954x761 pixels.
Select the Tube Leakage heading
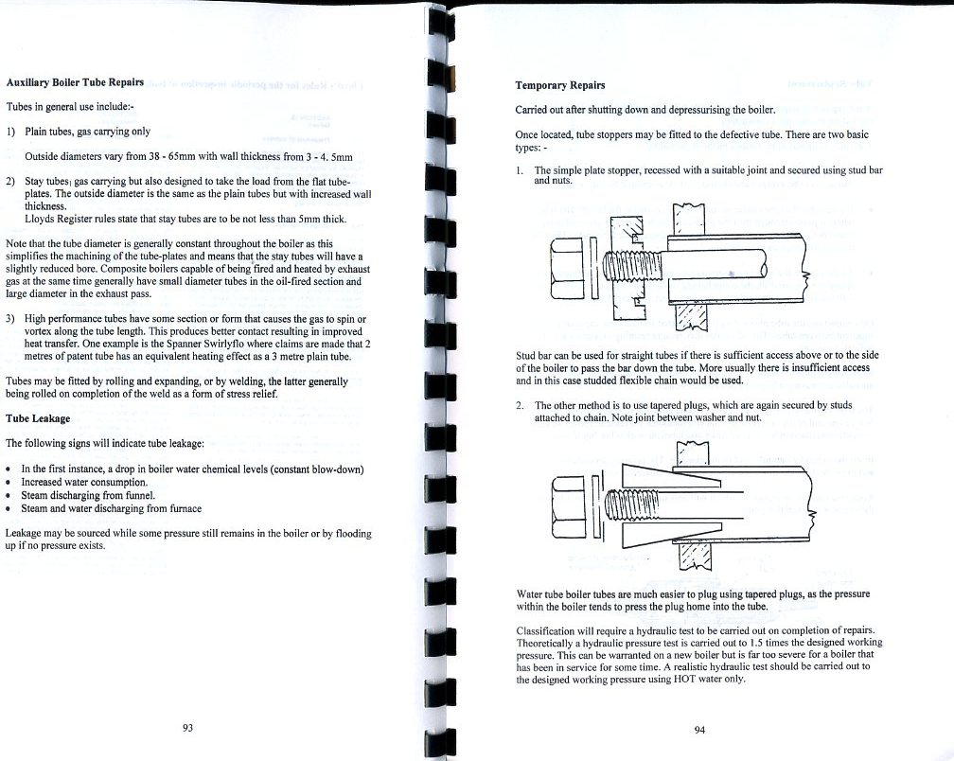pyautogui.click(x=39, y=417)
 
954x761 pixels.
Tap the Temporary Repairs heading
pyautogui.click(x=554, y=86)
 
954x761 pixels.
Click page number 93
pyautogui.click(x=187, y=727)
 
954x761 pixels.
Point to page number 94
pyautogui.click(x=699, y=730)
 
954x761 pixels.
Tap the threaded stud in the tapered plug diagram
pyautogui.click(x=639, y=498)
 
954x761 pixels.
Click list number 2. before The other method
pyautogui.click(x=521, y=405)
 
